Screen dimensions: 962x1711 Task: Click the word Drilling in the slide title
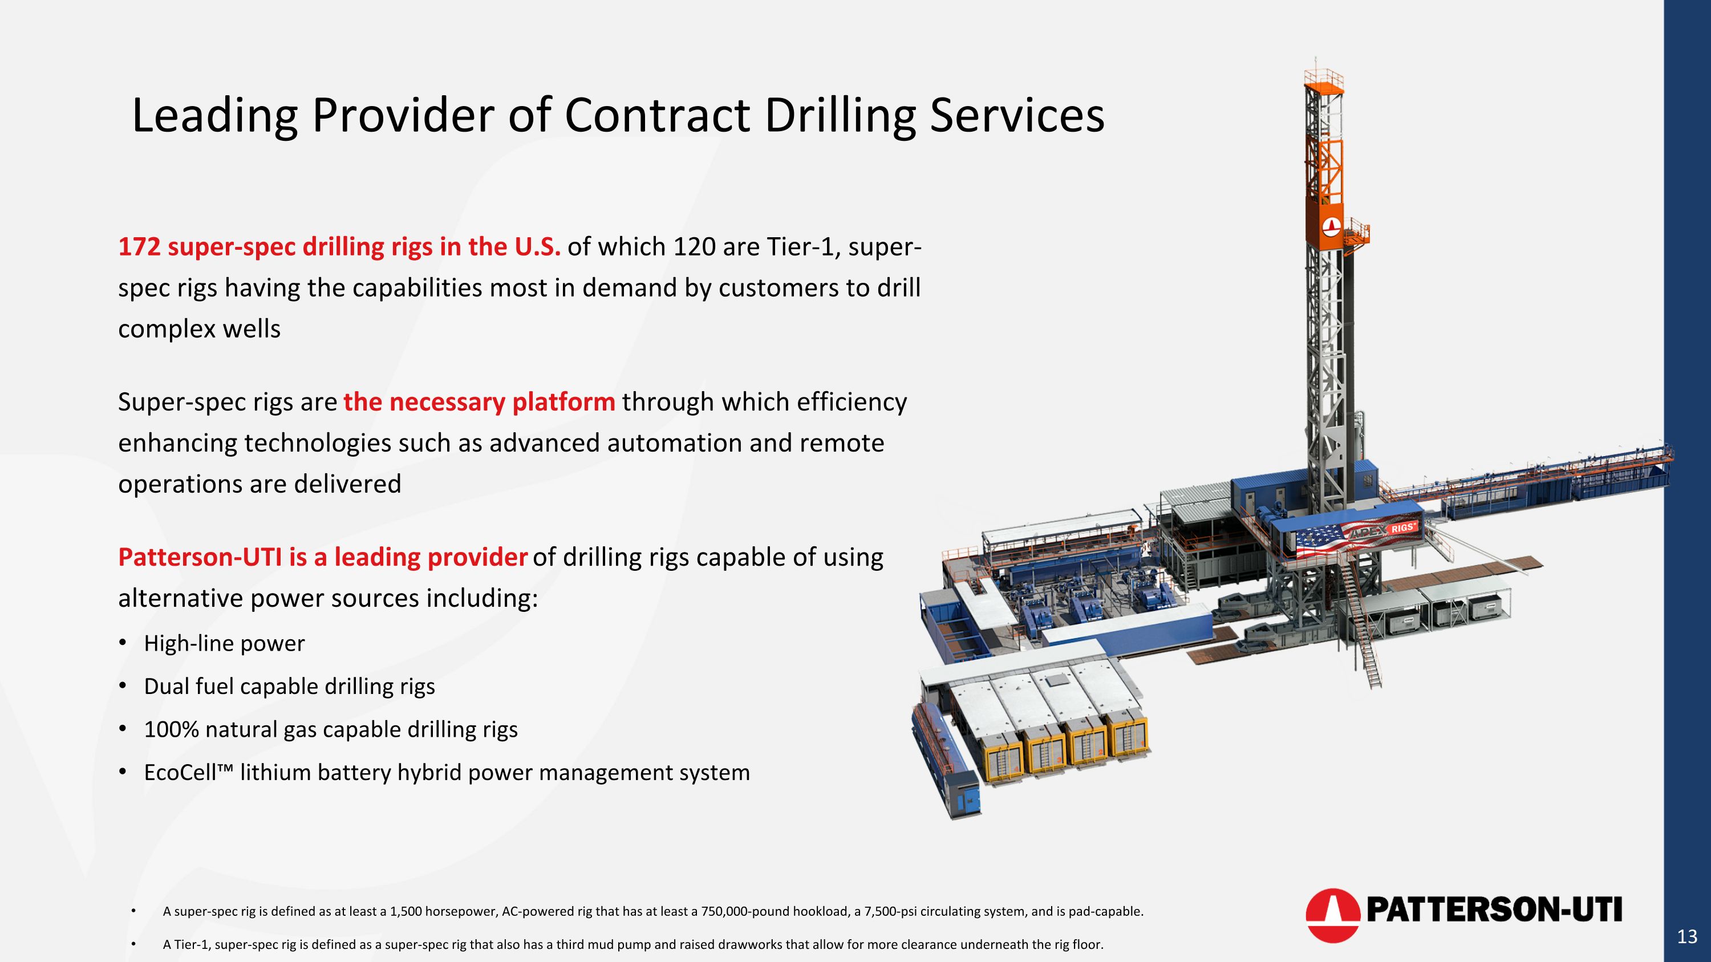pos(839,115)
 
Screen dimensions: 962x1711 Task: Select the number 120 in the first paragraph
pos(694,246)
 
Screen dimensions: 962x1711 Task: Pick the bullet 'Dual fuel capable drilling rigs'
pos(289,686)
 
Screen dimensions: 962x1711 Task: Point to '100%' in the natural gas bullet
pos(171,729)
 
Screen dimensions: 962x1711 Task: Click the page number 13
pos(1686,936)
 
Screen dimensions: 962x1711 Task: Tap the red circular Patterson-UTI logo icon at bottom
pos(1332,914)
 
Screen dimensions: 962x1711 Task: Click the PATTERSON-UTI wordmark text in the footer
pos(1493,910)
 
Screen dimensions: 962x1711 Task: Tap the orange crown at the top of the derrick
pos(1323,84)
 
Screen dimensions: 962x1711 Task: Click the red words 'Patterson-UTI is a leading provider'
pos(322,557)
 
